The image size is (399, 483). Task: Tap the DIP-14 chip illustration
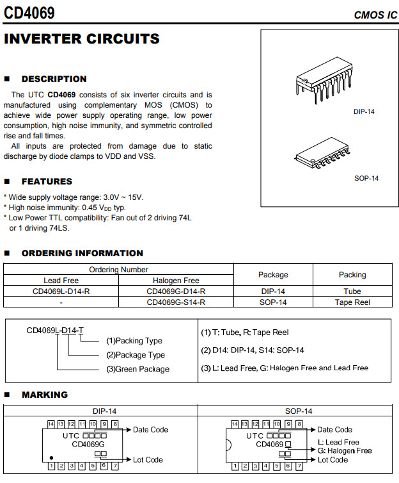click(x=327, y=83)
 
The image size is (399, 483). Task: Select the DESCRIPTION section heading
click(x=54, y=79)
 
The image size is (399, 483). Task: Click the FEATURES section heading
click(x=47, y=181)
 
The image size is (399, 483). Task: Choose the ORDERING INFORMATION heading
click(x=82, y=253)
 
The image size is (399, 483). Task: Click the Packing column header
click(x=352, y=275)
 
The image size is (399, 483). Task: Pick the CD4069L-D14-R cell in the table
click(x=61, y=291)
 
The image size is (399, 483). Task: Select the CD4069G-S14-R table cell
click(x=176, y=302)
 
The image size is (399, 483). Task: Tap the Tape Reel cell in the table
click(x=352, y=302)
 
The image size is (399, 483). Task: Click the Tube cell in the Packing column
click(x=352, y=291)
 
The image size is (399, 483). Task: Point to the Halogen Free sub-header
click(x=176, y=281)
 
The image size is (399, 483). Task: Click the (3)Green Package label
click(x=137, y=369)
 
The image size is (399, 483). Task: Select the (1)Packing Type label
click(x=134, y=341)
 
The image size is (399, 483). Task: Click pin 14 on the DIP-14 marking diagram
click(x=51, y=424)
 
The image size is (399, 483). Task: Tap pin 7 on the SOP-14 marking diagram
click(x=299, y=466)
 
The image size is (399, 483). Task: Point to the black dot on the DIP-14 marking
click(x=52, y=457)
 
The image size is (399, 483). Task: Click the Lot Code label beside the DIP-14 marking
click(x=148, y=460)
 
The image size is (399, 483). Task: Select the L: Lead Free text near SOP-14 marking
click(x=338, y=442)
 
